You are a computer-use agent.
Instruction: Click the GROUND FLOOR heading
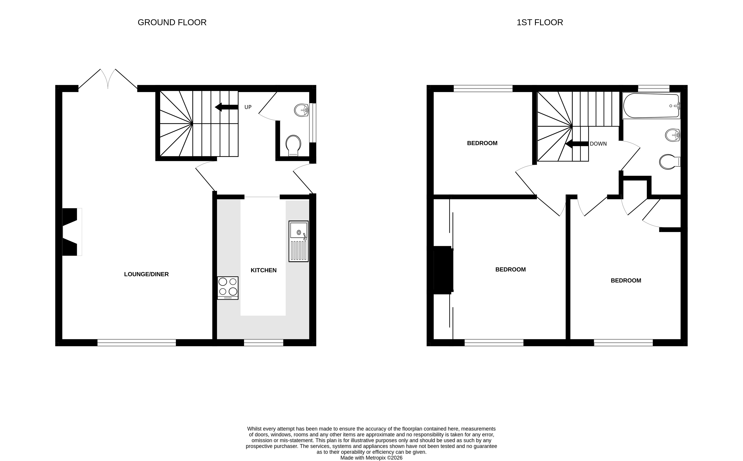tap(172, 22)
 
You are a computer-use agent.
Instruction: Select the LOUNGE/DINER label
tap(146, 274)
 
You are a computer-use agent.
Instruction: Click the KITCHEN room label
tap(264, 270)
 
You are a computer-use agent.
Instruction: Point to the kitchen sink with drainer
tap(299, 241)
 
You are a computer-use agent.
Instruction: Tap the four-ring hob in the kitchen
tap(228, 288)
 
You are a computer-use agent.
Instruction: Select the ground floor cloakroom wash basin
tap(302, 110)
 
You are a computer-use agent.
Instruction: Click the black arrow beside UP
tap(226, 107)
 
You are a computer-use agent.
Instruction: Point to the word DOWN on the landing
tap(598, 144)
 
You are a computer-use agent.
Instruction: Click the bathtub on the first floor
tap(651, 105)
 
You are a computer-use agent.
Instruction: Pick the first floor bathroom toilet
tap(669, 162)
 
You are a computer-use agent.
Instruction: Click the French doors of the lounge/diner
tap(108, 79)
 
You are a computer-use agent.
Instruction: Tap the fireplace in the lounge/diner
tap(72, 232)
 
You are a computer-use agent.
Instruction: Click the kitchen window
tap(264, 342)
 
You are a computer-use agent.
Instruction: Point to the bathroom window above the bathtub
tap(654, 88)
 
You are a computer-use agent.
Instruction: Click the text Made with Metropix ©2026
tap(371, 458)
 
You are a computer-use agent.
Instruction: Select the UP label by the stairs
tap(248, 107)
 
